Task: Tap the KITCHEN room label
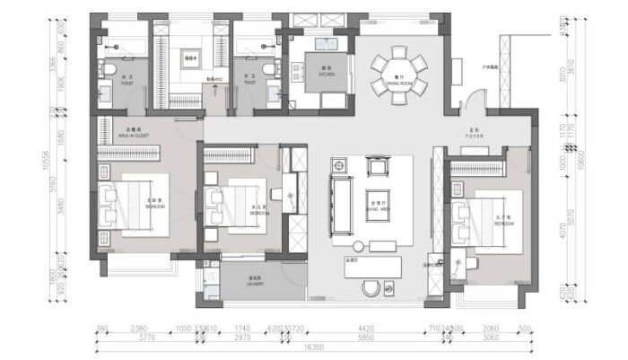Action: [324, 72]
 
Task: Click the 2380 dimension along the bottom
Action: [138, 329]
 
